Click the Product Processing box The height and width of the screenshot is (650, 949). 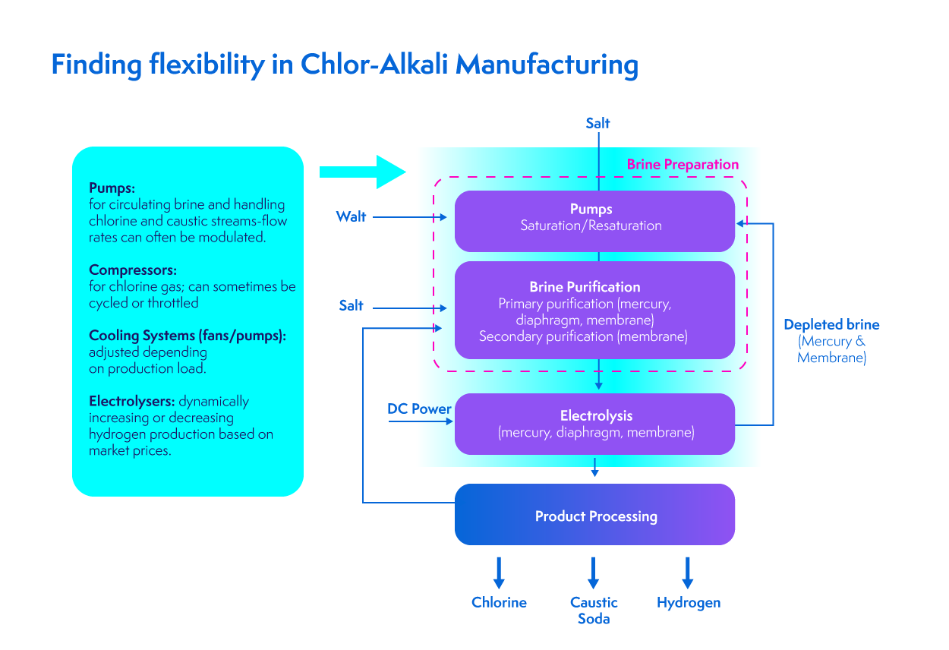(x=595, y=515)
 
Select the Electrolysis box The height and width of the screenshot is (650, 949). (x=595, y=424)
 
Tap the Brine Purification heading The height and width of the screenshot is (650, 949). (x=585, y=287)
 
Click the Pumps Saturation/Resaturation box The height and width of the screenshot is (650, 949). (x=595, y=220)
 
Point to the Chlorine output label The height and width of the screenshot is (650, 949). (x=499, y=602)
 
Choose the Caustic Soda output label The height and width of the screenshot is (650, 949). (x=594, y=610)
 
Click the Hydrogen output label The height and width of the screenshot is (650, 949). (x=689, y=602)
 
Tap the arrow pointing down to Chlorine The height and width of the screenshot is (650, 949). (x=499, y=573)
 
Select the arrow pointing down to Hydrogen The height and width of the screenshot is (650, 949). (x=687, y=573)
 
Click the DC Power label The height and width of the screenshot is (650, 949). (x=419, y=409)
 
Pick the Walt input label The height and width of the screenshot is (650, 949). (x=352, y=217)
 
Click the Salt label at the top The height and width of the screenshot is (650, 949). (x=597, y=123)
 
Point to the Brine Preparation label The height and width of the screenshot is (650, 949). (x=683, y=164)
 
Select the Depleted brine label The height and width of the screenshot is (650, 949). (x=831, y=324)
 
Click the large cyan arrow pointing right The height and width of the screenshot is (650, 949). (x=363, y=172)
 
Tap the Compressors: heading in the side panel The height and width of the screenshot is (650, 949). (x=133, y=270)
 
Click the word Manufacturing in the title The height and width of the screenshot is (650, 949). (x=547, y=65)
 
